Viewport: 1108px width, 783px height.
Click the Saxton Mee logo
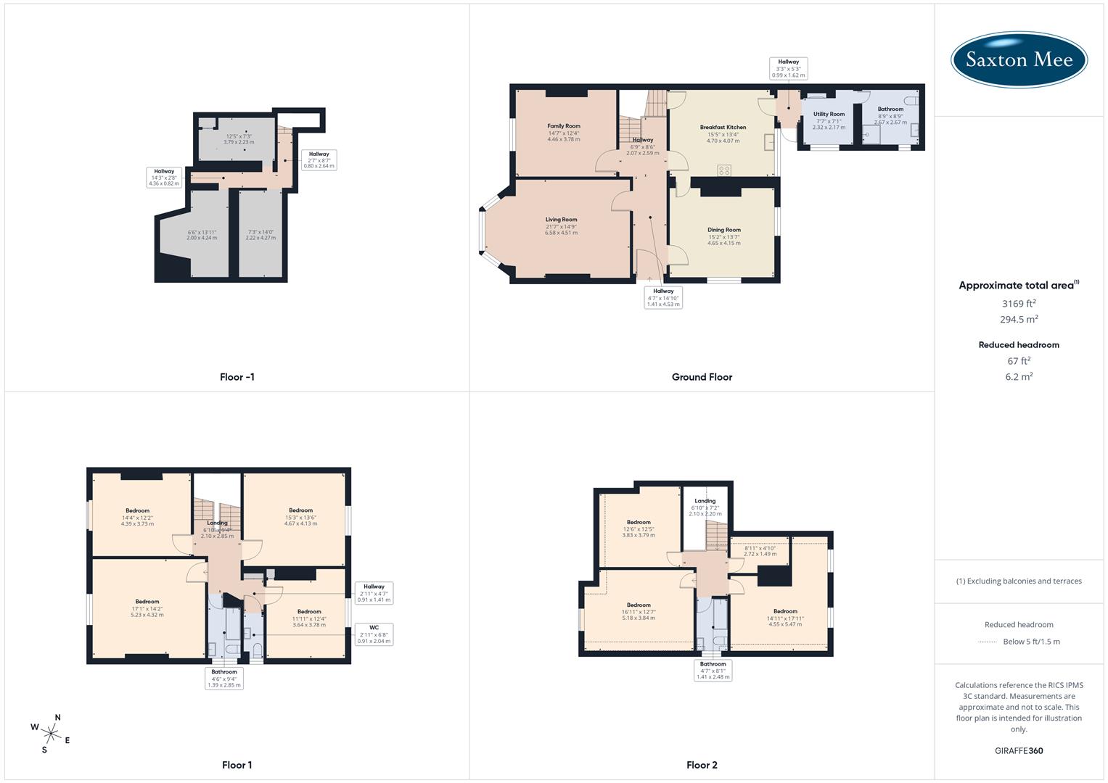click(1019, 59)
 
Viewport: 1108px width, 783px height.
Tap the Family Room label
click(564, 126)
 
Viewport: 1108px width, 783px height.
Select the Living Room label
click(562, 220)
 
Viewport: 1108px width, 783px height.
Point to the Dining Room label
click(723, 230)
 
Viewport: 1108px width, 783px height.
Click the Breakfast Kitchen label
click(723, 128)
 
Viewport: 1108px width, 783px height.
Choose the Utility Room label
click(829, 115)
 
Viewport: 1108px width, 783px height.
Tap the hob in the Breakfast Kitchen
click(723, 170)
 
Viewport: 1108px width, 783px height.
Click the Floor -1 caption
click(237, 377)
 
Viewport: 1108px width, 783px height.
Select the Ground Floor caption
click(702, 377)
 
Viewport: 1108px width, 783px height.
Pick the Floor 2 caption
click(702, 765)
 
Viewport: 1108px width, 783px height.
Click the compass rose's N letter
click(58, 718)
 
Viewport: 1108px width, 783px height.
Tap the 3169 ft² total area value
click(1019, 304)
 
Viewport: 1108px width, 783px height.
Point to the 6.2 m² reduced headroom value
click(1019, 376)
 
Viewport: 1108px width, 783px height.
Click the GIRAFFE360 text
click(1019, 751)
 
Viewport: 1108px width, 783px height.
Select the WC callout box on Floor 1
click(374, 634)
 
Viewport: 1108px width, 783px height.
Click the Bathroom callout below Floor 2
click(713, 671)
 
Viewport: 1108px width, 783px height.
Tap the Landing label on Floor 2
click(705, 501)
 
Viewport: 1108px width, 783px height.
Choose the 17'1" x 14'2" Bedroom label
click(147, 602)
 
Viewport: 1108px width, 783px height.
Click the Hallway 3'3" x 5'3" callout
click(788, 69)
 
